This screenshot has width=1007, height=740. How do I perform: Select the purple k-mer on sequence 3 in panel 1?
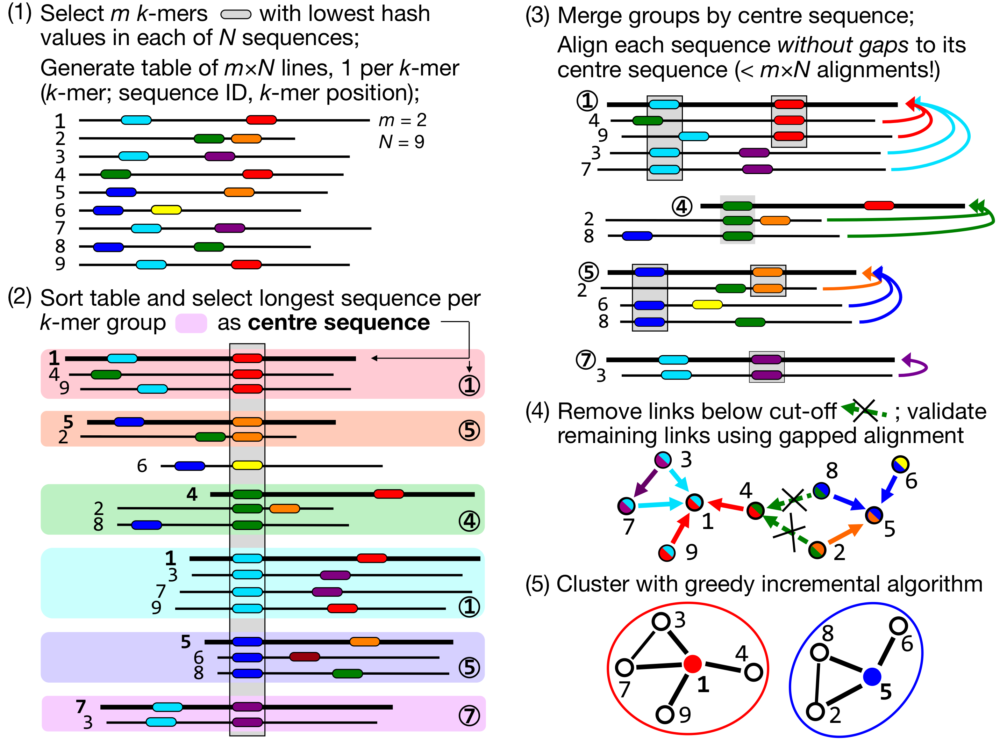220,156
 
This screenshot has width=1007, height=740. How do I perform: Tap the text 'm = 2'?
402,120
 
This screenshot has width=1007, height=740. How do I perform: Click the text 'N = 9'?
401,142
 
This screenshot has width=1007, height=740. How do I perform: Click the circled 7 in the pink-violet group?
469,715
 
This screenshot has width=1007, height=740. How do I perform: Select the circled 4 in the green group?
469,521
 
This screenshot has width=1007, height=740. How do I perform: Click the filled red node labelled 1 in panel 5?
692,663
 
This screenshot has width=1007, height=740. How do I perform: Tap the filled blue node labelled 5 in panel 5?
872,676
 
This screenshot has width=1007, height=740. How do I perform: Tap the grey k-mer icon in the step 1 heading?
236,15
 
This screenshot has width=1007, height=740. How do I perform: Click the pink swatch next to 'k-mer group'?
191,323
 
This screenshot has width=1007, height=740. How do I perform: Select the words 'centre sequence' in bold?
339,322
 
